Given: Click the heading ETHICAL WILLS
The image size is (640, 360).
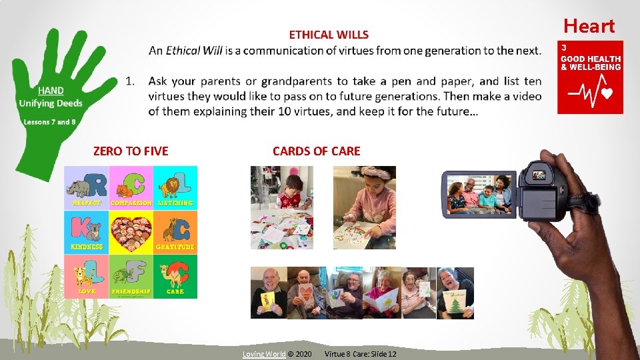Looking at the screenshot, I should (x=329, y=35).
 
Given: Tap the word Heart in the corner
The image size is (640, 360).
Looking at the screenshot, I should (x=589, y=26).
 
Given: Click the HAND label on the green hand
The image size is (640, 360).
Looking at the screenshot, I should (x=51, y=91).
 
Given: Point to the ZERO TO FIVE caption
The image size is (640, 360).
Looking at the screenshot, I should (x=131, y=151).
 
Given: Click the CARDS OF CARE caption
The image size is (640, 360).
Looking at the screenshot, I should (x=316, y=151).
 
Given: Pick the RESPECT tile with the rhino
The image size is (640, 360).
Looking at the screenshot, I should (x=86, y=187).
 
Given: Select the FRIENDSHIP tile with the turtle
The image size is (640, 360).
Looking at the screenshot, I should (x=131, y=277).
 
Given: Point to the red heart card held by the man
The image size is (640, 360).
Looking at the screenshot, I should (x=306, y=294).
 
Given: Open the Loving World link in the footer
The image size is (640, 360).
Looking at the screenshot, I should (x=263, y=353).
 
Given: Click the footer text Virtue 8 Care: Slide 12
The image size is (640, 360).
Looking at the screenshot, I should (x=360, y=353).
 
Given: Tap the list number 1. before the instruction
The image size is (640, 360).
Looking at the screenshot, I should (x=131, y=81).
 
